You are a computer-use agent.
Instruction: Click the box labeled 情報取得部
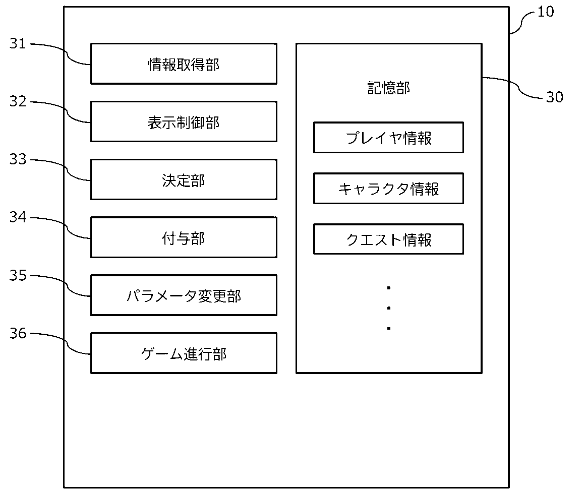(184, 64)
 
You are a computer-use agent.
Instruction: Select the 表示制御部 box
(184, 121)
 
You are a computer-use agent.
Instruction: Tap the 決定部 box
(184, 179)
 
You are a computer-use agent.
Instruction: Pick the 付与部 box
(184, 237)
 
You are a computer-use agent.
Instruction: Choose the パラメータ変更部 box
(184, 295)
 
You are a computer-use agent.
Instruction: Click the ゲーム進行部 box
(184, 353)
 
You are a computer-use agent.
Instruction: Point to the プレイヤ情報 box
(388, 138)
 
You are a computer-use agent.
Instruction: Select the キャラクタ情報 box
(388, 189)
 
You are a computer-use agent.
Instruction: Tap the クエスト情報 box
(388, 239)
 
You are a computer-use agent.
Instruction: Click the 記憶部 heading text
(388, 88)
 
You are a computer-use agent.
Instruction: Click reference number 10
(545, 12)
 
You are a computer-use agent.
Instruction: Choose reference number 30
(555, 97)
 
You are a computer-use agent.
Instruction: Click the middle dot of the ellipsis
(389, 308)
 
